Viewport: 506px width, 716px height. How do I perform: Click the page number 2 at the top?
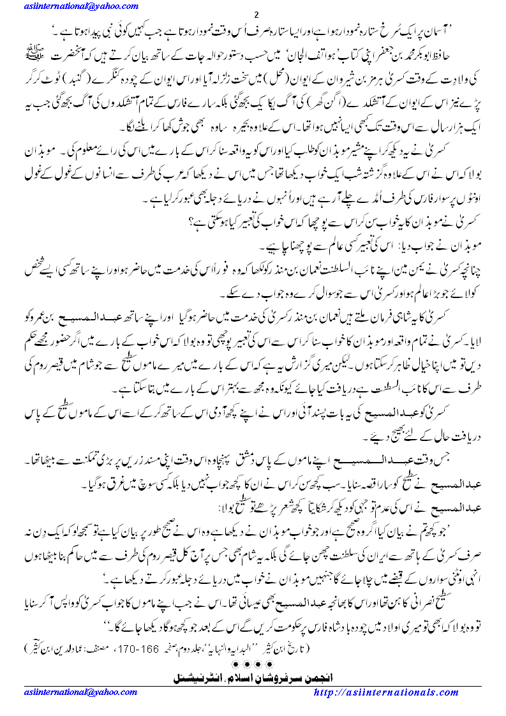[x=255, y=15]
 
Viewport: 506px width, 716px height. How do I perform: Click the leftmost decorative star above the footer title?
[x=233, y=664]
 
